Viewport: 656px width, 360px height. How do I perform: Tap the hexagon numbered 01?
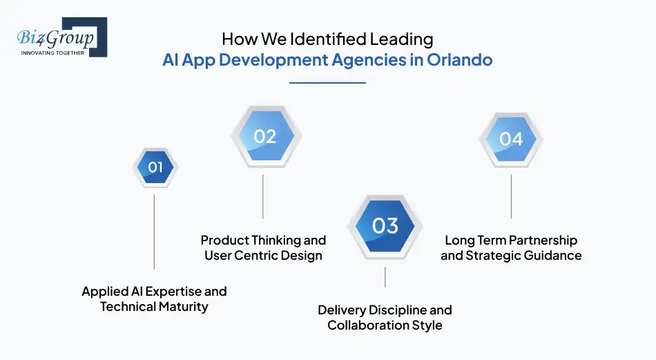[x=155, y=167]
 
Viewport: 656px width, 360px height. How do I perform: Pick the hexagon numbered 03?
[x=385, y=226]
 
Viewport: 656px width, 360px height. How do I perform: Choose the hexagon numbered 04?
[x=511, y=139]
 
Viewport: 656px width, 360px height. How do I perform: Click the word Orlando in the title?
[x=460, y=60]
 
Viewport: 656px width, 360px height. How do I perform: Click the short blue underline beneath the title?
[x=327, y=83]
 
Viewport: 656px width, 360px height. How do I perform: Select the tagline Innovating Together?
[x=53, y=53]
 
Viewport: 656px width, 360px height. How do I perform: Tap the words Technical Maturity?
[x=154, y=307]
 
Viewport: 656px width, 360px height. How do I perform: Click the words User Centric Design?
[x=263, y=256]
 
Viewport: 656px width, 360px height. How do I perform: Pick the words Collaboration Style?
[x=385, y=325]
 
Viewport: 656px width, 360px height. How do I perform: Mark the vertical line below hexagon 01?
[x=154, y=231]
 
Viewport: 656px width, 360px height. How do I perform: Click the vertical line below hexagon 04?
[x=511, y=196]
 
